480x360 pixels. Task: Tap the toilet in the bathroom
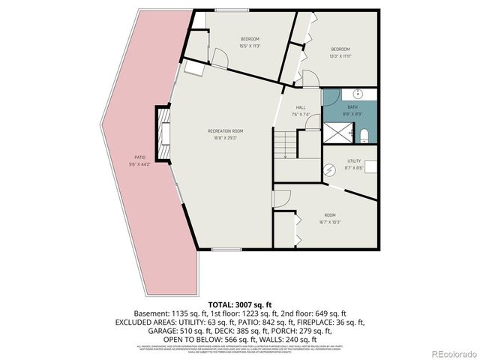[x=364, y=135]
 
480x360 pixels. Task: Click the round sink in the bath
[x=358, y=94]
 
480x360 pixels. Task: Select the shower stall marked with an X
[x=342, y=133]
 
